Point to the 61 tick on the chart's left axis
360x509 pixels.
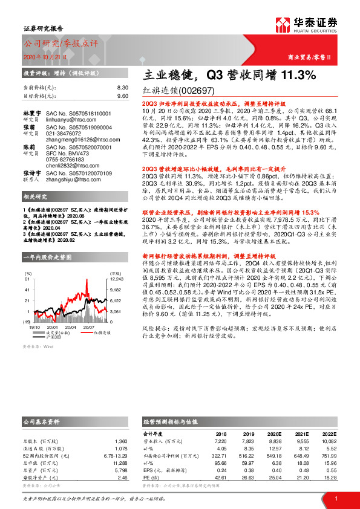(x=27, y=279)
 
